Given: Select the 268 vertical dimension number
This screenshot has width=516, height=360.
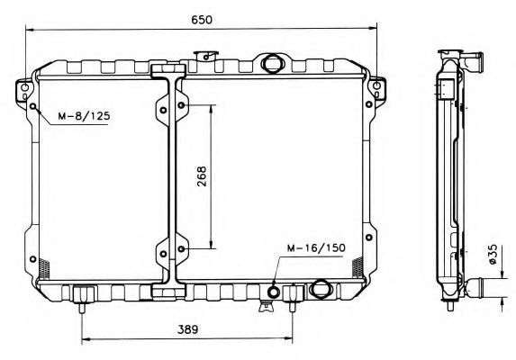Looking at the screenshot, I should (200, 177).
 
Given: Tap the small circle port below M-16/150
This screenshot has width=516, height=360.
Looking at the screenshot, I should (275, 291).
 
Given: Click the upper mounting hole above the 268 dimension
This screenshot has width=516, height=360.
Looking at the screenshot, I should (182, 106).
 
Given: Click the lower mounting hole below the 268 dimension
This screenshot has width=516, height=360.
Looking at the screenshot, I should (182, 248).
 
